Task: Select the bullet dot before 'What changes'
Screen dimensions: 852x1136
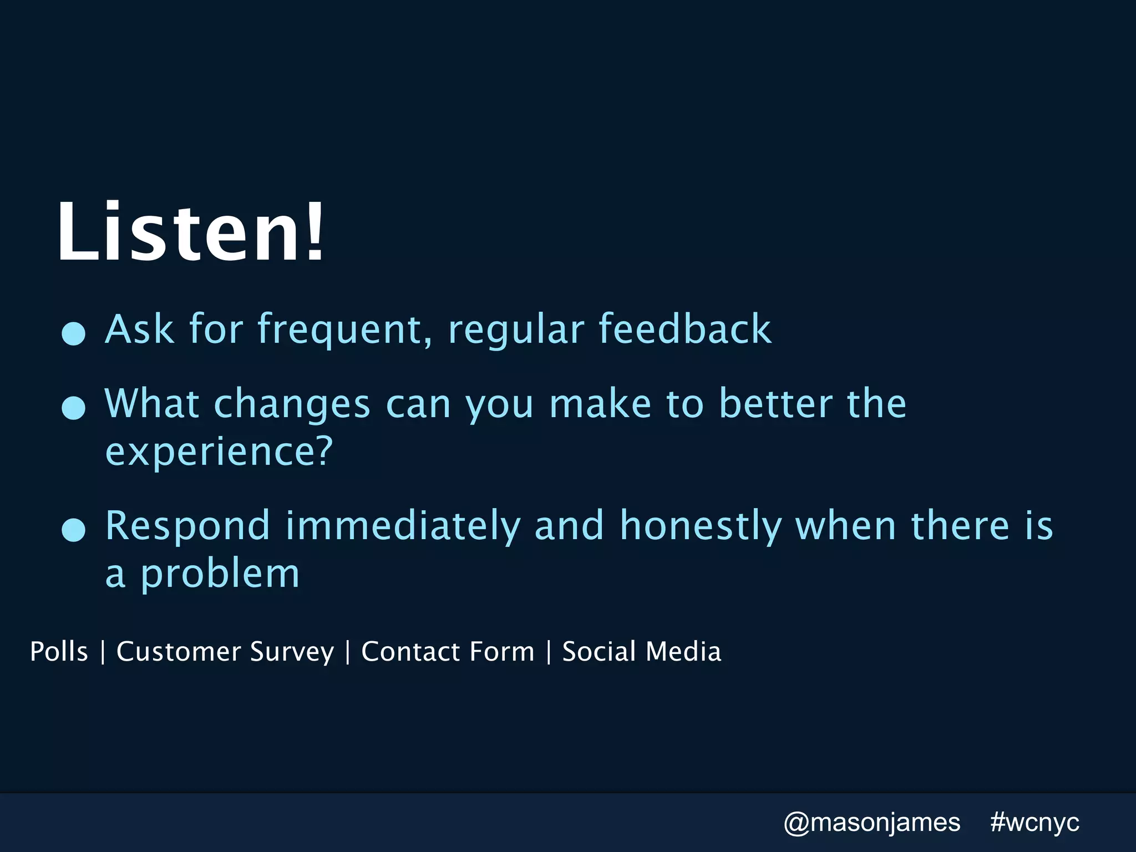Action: [73, 408]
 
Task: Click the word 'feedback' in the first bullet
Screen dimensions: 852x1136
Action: [684, 329]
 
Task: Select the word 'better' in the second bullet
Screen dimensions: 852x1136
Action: [775, 403]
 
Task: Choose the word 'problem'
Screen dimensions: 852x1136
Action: [220, 575]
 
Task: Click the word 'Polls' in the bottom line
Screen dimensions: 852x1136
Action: [59, 651]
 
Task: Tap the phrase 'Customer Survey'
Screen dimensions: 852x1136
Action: [225, 652]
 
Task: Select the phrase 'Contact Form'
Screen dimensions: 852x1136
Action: [448, 651]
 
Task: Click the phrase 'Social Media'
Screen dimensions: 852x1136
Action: [641, 651]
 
